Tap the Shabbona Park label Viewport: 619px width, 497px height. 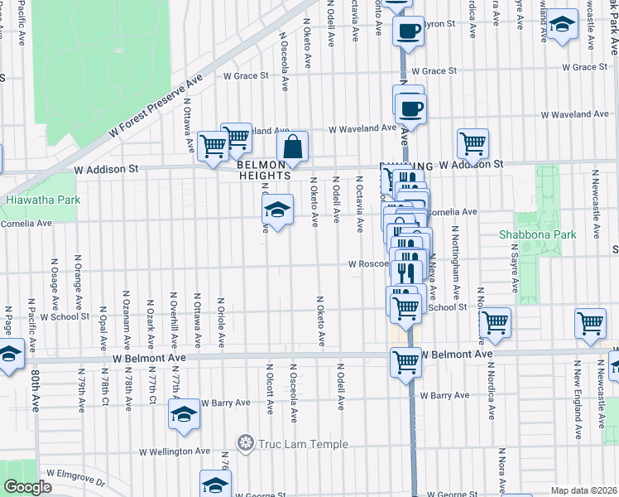[x=548, y=234]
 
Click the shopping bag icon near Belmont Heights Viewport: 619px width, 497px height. [x=292, y=148]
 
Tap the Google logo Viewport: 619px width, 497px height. [x=28, y=487]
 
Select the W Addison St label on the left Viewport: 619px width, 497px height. [x=105, y=168]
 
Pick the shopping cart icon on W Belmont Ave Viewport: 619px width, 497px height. [x=405, y=362]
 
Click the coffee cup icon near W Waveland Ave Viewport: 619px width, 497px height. [x=410, y=108]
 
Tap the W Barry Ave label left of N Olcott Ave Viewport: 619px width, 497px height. [x=223, y=403]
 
